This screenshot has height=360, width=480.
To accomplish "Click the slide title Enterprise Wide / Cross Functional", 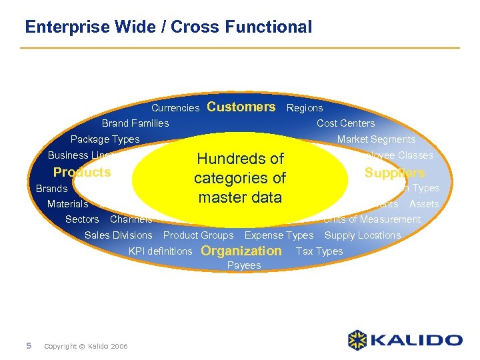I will tap(168, 27).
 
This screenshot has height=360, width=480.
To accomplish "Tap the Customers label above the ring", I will tap(241, 107).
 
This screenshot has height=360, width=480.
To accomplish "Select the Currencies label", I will tap(175, 108).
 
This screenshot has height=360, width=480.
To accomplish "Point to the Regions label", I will tap(305, 108).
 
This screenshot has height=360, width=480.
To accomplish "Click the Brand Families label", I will tap(135, 123).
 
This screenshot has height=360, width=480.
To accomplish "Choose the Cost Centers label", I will tap(345, 123).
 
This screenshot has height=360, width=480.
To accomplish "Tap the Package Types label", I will tap(105, 139).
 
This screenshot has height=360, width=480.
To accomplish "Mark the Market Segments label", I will tap(376, 139).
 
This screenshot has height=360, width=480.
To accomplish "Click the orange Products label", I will tap(82, 173).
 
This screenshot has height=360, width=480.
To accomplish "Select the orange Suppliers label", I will tap(395, 173).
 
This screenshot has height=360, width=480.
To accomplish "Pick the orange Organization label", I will tap(241, 251).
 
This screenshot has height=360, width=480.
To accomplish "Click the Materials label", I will tap(67, 204).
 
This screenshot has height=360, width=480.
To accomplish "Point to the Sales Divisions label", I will tap(119, 235).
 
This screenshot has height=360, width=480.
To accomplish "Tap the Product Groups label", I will tap(199, 235).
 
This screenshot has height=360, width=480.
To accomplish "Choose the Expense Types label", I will tap(279, 235).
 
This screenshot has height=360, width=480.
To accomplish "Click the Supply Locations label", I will tap(363, 235).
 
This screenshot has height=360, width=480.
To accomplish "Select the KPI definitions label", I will tap(160, 251).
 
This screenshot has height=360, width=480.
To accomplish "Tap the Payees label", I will tap(244, 265).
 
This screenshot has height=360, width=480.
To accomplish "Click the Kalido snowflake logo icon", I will tap(358, 340).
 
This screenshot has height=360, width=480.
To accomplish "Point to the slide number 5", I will tap(29, 345).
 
